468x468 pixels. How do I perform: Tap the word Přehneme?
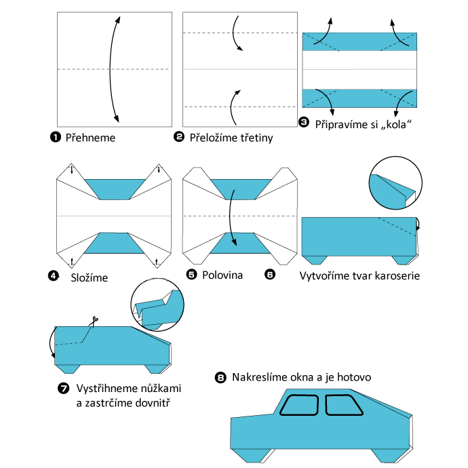pos(91,137)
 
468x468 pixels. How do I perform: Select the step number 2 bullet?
pos(179,137)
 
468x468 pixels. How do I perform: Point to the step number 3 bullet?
pos(303,122)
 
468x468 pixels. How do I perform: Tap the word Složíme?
pos(89,277)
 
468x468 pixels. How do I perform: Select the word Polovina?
pos(222,275)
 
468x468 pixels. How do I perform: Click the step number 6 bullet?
pos(271,275)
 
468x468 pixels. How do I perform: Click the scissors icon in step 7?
pos(92,319)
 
